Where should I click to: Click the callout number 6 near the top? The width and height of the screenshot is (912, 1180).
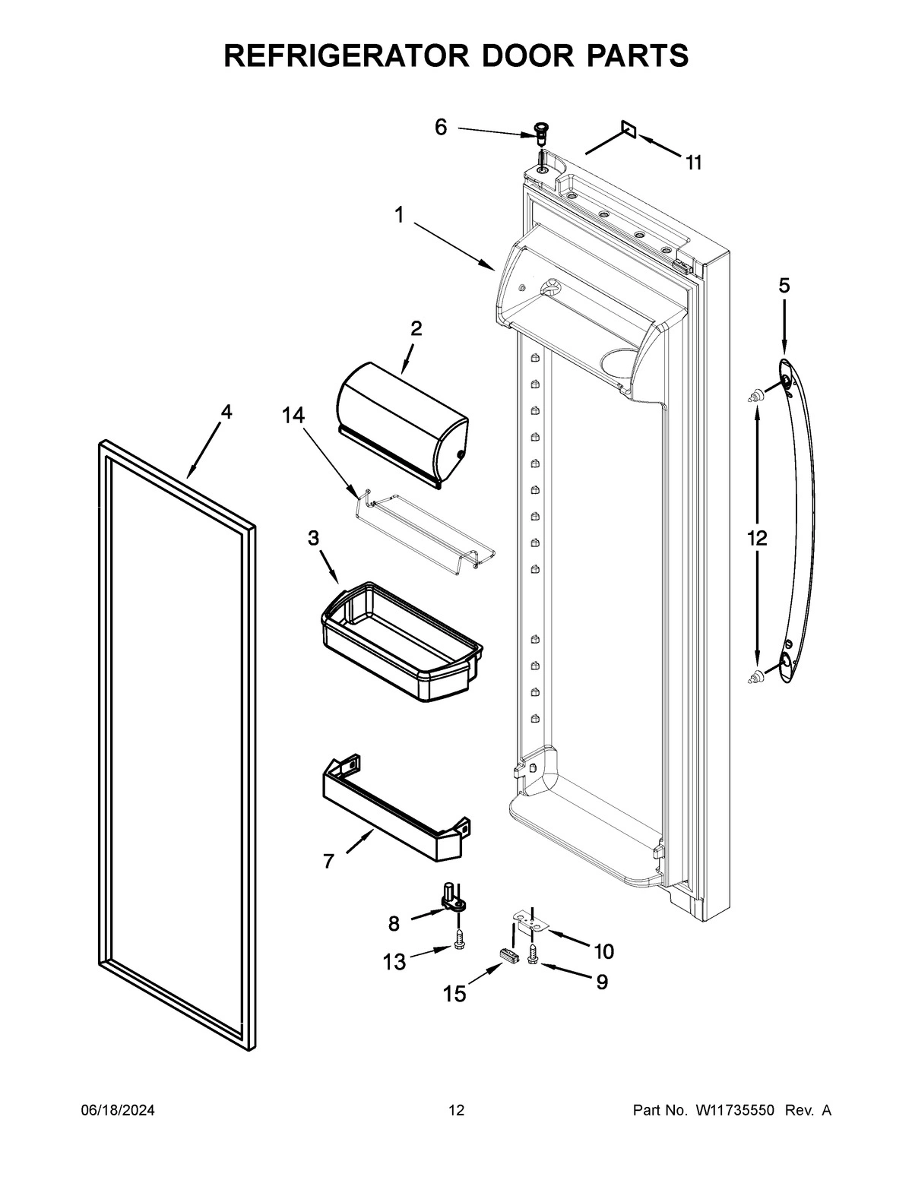pyautogui.click(x=441, y=127)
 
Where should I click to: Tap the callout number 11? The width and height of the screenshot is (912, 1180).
pyautogui.click(x=693, y=163)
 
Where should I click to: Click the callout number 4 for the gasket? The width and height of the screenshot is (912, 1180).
pyautogui.click(x=226, y=412)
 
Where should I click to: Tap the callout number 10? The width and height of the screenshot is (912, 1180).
pyautogui.click(x=603, y=951)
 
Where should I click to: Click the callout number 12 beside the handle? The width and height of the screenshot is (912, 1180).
pyautogui.click(x=757, y=539)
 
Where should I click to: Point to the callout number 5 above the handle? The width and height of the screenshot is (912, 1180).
pyautogui.click(x=784, y=286)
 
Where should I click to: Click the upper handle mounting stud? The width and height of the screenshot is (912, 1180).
pyautogui.click(x=756, y=394)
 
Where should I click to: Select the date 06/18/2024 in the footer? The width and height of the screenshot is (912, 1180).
pyautogui.click(x=118, y=1110)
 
